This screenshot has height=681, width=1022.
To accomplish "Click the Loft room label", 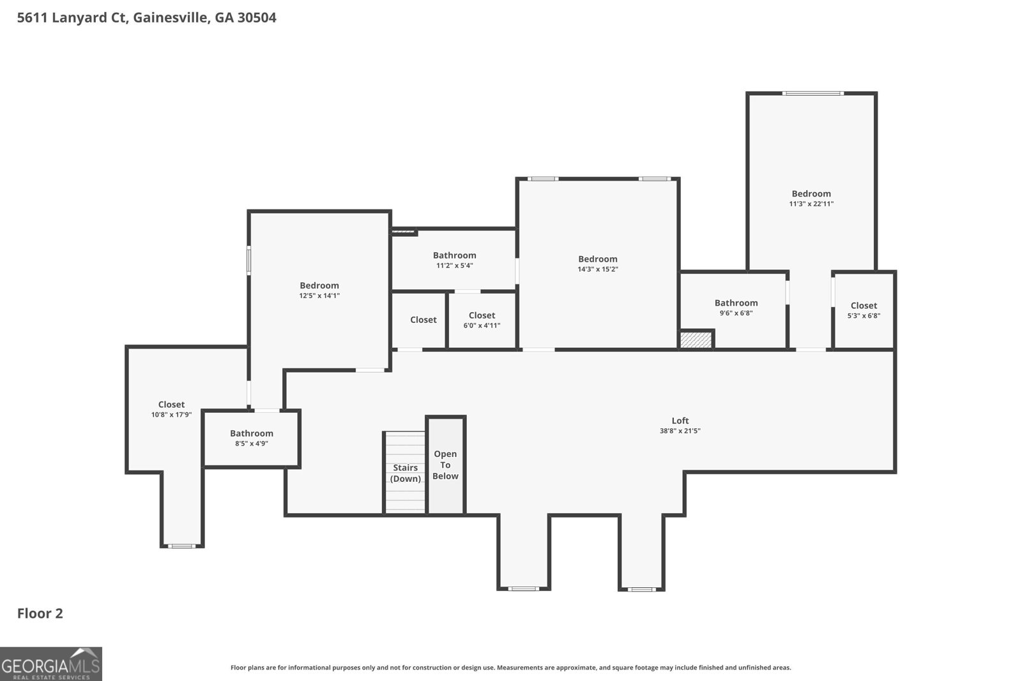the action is click(680, 421).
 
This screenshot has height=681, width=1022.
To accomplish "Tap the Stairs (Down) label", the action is click(405, 473).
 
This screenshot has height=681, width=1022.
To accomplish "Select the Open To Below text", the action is click(445, 465).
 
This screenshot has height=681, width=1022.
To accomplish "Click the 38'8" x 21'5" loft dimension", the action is click(680, 431).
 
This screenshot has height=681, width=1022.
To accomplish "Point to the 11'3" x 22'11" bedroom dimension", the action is click(811, 204).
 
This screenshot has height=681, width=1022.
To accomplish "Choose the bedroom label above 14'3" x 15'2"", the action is click(598, 259).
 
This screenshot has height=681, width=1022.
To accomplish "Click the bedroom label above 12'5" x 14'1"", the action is click(319, 285).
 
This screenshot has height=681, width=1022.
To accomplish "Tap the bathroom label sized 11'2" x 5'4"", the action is click(454, 255).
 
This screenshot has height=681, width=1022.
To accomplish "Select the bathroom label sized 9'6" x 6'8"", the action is click(736, 303).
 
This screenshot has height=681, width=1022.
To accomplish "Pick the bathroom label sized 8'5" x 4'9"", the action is click(252, 433).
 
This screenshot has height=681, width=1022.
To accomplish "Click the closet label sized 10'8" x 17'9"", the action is click(171, 404).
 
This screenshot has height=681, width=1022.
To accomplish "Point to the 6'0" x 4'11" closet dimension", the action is click(482, 326).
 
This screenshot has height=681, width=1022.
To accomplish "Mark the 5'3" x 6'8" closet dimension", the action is click(864, 315).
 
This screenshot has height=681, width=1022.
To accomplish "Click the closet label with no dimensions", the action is click(423, 320).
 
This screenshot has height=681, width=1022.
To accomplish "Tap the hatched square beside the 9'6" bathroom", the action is click(696, 340).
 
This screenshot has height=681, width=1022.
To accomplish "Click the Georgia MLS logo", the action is click(50, 664).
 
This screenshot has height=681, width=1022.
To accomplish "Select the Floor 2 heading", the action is click(40, 613).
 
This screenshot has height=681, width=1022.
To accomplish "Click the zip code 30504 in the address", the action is click(257, 17).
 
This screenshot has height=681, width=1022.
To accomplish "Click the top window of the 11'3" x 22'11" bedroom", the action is click(813, 93).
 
